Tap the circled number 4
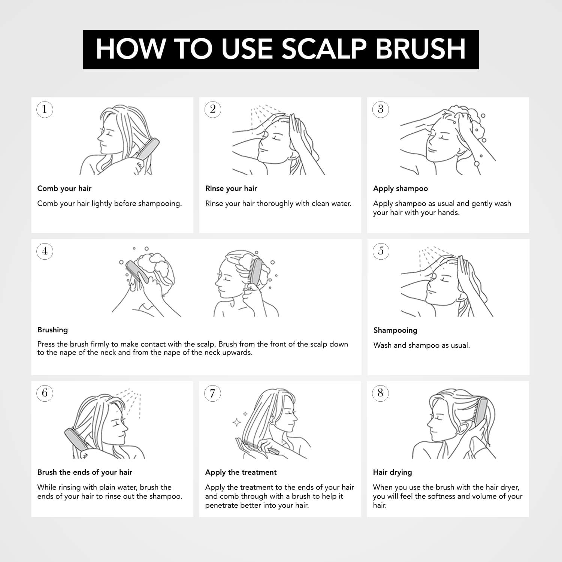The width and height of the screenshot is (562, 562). coord(45,251)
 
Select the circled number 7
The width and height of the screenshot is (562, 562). coord(212,393)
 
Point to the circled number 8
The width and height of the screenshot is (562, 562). coord(380,393)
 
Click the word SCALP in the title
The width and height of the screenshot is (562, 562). coord(324,49)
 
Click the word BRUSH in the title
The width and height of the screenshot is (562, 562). coord(420,49)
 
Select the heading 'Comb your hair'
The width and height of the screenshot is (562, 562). coord(64,188)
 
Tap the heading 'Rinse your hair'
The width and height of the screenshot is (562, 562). coord(231,188)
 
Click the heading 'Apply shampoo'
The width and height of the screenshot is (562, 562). coord(401,189)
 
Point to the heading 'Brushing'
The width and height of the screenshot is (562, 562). coord(52,330)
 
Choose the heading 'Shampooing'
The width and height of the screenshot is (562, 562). coord(395,330)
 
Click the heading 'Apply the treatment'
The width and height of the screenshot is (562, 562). coord(241,472)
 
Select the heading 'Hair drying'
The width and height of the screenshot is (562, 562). coord(392,472)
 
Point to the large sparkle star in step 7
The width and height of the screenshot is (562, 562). coord(237,423)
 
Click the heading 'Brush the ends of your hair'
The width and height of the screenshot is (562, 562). coord(85,472)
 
